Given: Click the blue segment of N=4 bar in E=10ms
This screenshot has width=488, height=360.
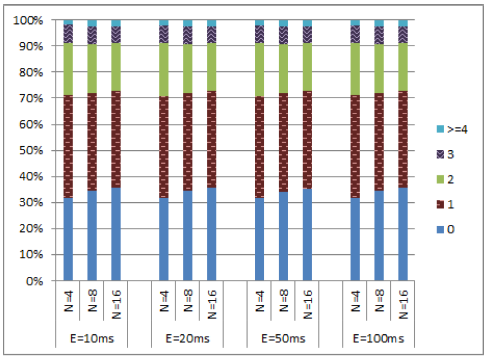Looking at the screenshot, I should [x=68, y=240].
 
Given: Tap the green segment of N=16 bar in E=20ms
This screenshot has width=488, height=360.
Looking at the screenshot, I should [x=212, y=67].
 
